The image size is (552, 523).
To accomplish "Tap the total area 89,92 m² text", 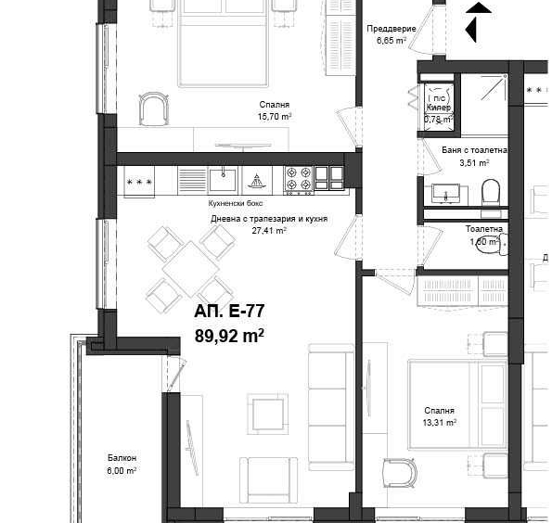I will coord(229,336).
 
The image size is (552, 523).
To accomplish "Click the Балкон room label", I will coord(122,458).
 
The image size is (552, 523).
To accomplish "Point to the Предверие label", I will coord(390,29).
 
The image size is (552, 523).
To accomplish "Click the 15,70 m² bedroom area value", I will coord(274,118).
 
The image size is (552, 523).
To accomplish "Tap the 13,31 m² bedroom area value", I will coord(439,423).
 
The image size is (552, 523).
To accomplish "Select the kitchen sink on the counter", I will coord(223,177).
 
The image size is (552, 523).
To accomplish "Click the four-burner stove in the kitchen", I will coord(298,178).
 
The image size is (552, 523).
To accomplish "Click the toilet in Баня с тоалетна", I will coord(491,192).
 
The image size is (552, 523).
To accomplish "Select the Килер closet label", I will coord(439,108).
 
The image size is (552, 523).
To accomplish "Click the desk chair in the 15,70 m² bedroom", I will coord(155,109).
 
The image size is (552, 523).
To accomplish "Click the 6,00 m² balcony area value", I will coord(122,470).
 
